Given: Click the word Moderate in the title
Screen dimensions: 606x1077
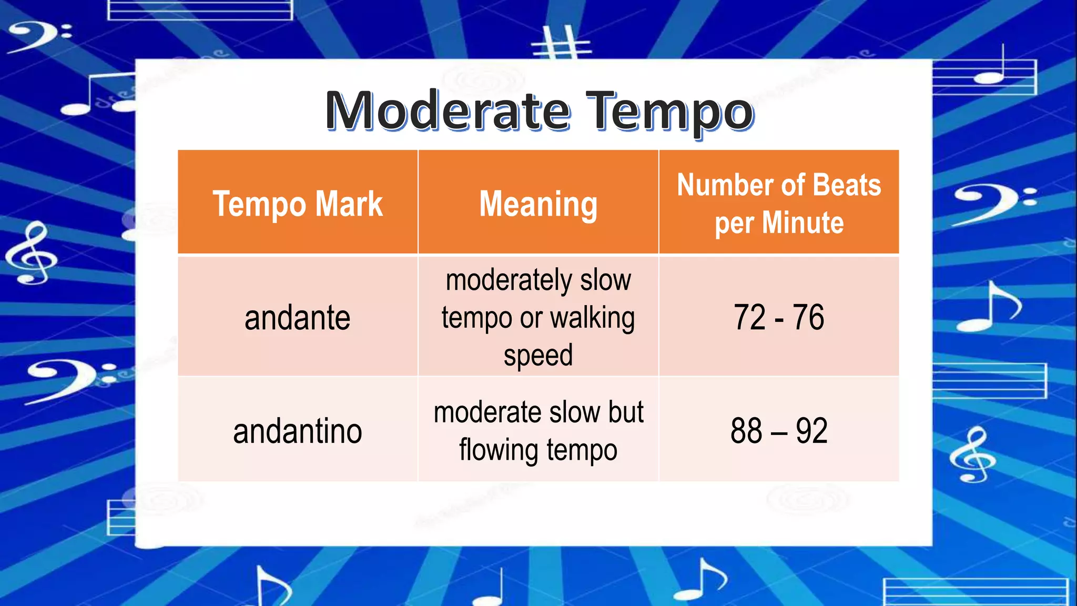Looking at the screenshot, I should (x=447, y=112).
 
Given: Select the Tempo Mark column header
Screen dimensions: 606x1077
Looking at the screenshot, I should (x=298, y=204).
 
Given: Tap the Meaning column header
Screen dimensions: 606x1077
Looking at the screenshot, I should (x=538, y=204).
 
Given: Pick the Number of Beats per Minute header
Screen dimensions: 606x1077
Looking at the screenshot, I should (x=779, y=204).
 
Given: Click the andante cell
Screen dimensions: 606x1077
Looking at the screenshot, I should (x=298, y=318).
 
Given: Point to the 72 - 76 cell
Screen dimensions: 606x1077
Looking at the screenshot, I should (x=779, y=318).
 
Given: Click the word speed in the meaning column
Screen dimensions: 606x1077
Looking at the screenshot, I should (x=538, y=356).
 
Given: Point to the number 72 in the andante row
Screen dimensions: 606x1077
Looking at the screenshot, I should (x=749, y=318).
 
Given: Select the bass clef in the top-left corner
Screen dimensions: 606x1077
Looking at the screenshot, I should (x=39, y=36).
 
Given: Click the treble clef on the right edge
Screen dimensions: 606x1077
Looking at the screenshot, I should (x=973, y=455).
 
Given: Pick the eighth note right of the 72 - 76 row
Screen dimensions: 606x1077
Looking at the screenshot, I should (x=989, y=308).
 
